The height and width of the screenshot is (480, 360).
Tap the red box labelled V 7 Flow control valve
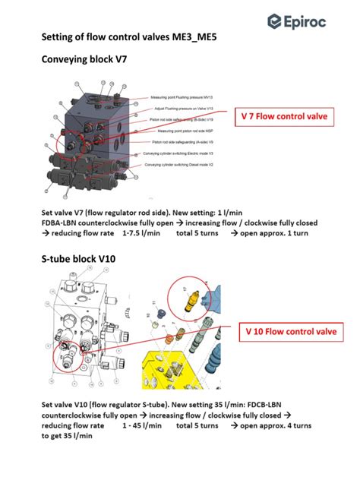285,117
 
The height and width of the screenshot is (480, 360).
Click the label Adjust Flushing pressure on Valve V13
185,109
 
